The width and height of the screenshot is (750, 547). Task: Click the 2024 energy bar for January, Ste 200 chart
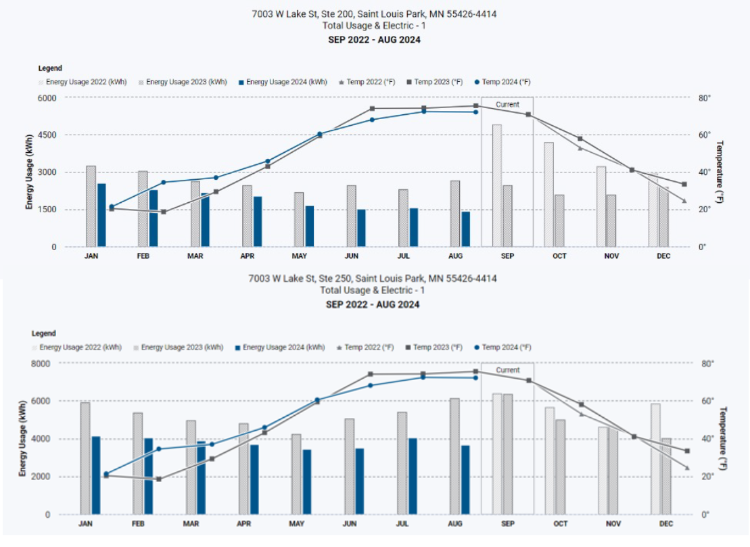[101, 215]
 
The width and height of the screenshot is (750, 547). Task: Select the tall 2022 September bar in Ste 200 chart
[497, 185]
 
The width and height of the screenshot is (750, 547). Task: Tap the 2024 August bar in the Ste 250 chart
[465, 479]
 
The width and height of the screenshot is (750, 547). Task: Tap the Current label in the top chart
[507, 105]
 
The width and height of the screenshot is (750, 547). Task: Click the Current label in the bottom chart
[507, 371]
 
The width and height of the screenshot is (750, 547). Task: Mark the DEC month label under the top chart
[663, 256]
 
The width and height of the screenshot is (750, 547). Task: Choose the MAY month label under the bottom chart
[296, 524]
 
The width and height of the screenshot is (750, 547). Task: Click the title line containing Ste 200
[375, 14]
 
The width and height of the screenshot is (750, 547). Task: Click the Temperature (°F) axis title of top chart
[720, 172]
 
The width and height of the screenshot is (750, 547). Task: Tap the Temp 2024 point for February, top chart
[164, 183]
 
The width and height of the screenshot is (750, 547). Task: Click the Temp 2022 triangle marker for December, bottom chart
[687, 468]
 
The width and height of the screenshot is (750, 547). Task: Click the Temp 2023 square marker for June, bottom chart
[371, 374]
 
